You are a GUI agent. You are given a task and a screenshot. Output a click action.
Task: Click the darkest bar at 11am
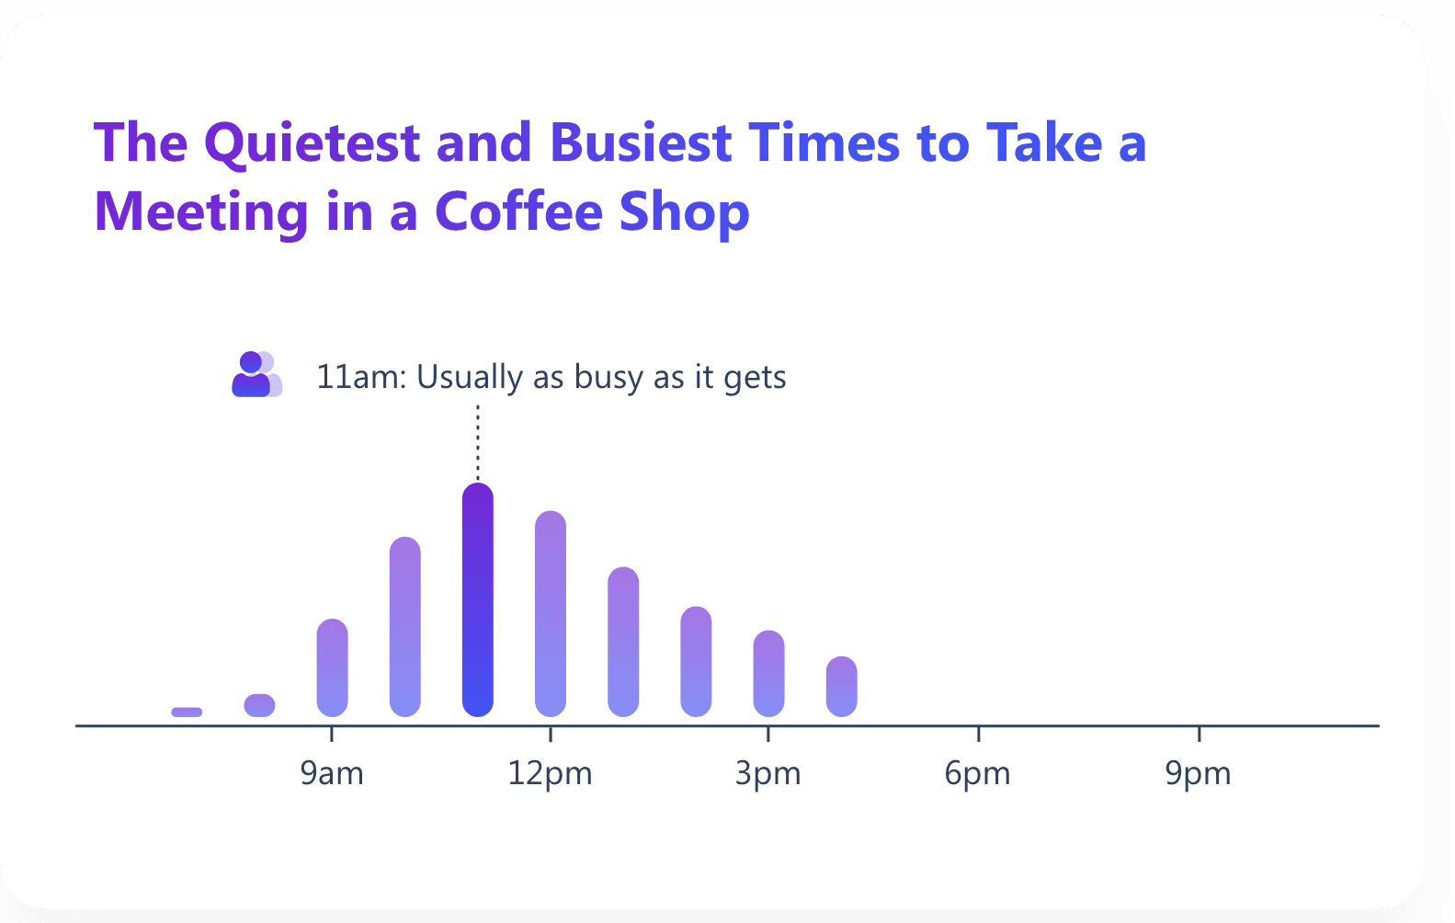[x=477, y=599]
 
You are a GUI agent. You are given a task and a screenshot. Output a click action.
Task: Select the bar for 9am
[x=332, y=667]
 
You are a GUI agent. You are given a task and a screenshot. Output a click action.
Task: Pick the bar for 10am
[x=404, y=627]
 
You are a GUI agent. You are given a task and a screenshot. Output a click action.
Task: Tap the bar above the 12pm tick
[x=551, y=614]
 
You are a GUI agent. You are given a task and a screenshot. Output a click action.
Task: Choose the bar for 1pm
[x=623, y=642]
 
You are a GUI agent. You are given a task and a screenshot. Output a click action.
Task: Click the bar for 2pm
[x=696, y=661]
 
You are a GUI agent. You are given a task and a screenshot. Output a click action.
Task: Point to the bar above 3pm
[x=768, y=674]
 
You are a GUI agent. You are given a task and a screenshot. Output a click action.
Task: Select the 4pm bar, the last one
[x=841, y=687]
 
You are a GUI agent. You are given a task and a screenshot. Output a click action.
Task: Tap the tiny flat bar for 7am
[x=187, y=712]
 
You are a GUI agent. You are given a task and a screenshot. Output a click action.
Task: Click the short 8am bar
[x=259, y=705]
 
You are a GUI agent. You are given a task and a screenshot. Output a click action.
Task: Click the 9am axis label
[x=332, y=773]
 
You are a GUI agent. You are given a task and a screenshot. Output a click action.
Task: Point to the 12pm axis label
[x=551, y=774]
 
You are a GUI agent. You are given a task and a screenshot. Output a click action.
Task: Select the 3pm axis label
[x=767, y=774]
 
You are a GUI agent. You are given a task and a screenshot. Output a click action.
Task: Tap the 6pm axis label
[x=978, y=774]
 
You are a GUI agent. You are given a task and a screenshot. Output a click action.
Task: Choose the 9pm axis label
[x=1199, y=774]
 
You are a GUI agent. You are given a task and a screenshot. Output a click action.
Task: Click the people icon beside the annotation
[x=256, y=374]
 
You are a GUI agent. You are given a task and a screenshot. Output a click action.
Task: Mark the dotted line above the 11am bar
[x=477, y=442]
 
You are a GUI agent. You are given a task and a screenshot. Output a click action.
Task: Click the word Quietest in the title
[x=313, y=142]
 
